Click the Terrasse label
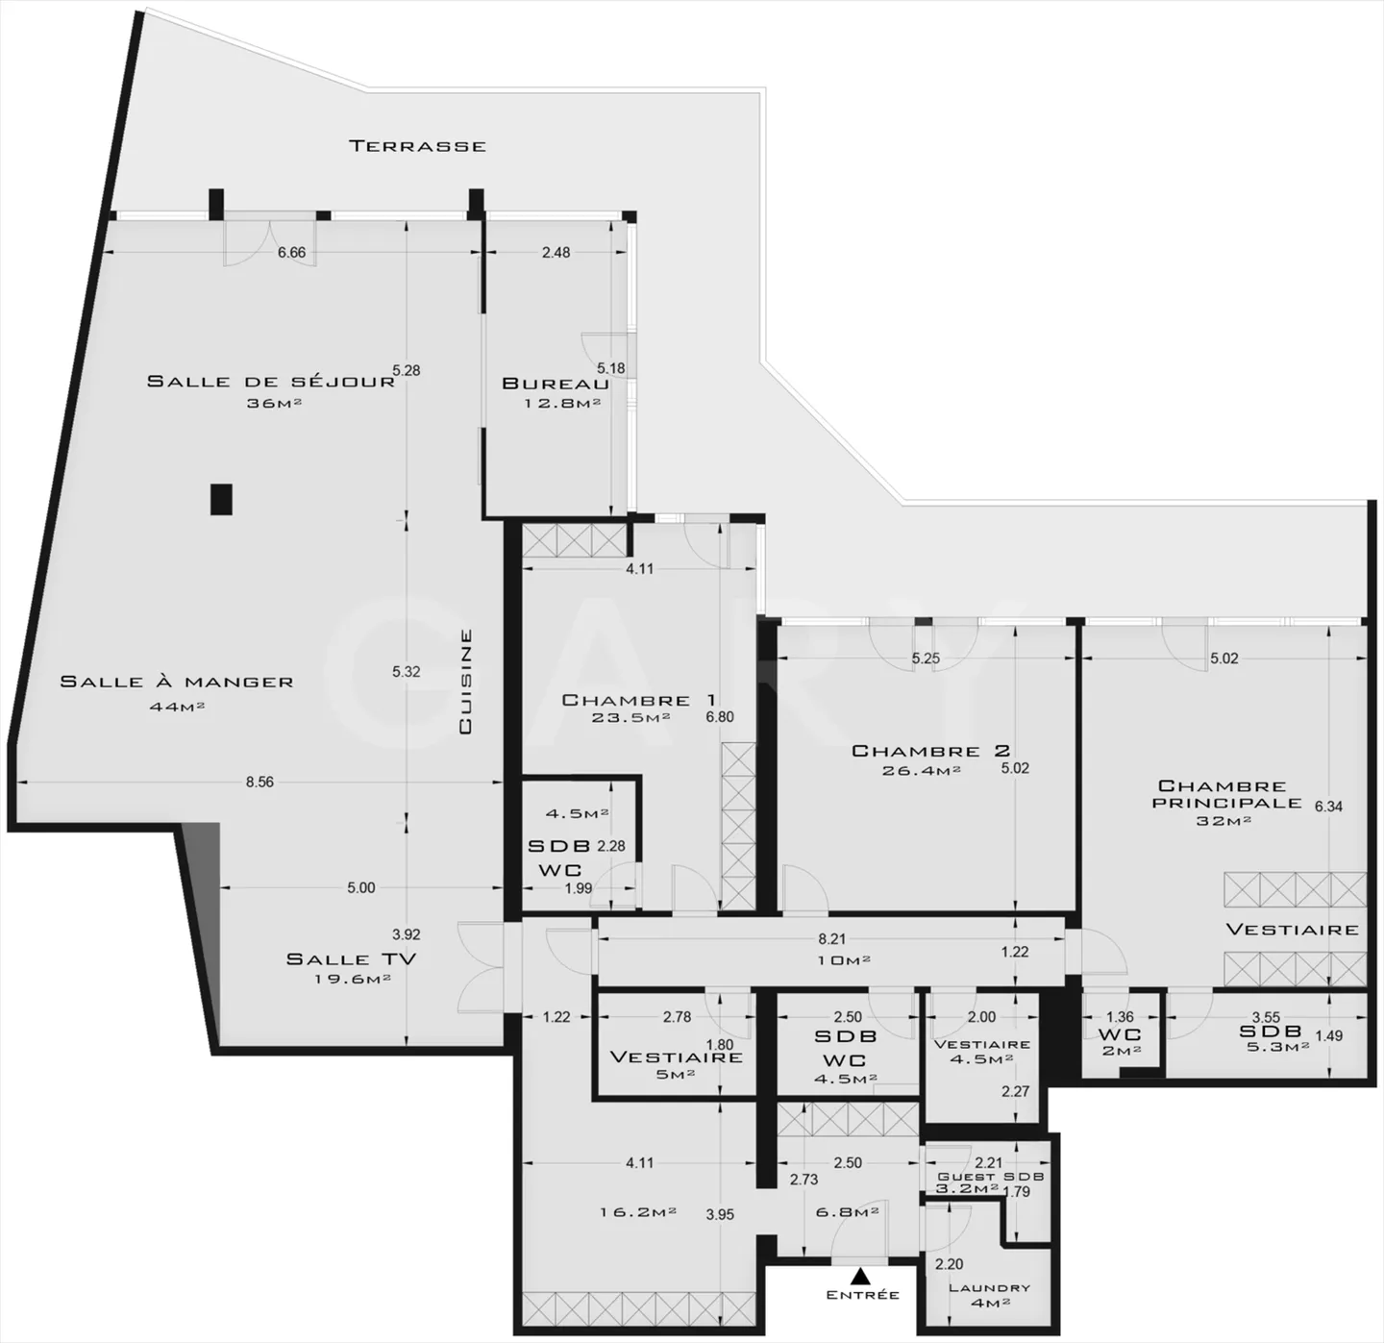click(x=417, y=146)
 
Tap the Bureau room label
click(x=555, y=384)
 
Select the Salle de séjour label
click(x=270, y=381)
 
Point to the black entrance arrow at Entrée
click(x=861, y=1277)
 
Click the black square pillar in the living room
click(x=222, y=498)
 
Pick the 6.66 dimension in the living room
click(x=291, y=253)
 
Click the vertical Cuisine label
click(x=465, y=682)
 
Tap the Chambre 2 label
click(x=930, y=751)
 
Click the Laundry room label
click(x=989, y=1288)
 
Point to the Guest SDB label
click(x=990, y=1177)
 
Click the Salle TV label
click(x=351, y=958)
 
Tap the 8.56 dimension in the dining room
click(x=259, y=782)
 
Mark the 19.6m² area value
click(x=352, y=980)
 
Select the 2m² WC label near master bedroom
click(x=1121, y=1051)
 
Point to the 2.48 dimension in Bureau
click(x=556, y=253)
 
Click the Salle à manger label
click(x=176, y=682)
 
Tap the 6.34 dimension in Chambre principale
click(x=1328, y=807)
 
